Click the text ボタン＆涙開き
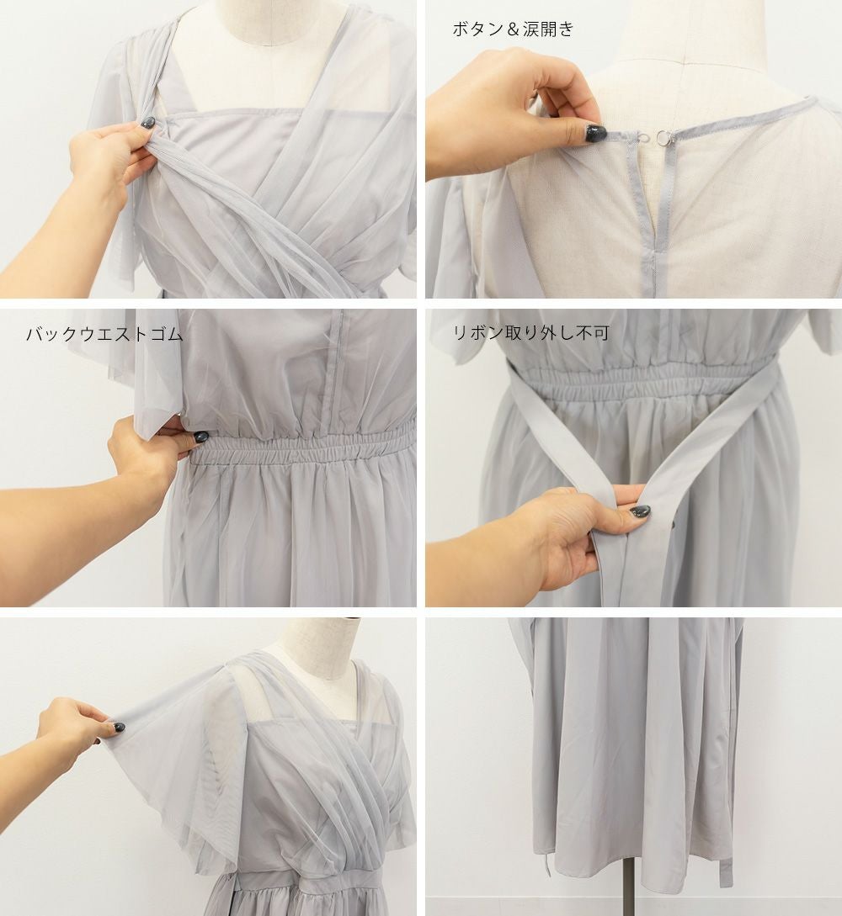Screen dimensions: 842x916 (x=513, y=29)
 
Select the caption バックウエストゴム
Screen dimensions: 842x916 (x=104, y=334)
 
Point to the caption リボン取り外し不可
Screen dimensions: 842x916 (x=531, y=332)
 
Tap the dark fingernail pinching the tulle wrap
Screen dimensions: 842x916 (x=147, y=123)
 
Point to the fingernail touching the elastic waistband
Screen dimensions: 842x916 (x=200, y=437)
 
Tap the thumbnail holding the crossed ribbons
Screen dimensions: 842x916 (x=640, y=511)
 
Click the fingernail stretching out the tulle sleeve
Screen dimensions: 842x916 (x=119, y=728)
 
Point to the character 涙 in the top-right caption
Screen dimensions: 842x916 (x=530, y=29)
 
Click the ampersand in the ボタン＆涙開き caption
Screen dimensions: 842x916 (x=513, y=29)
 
